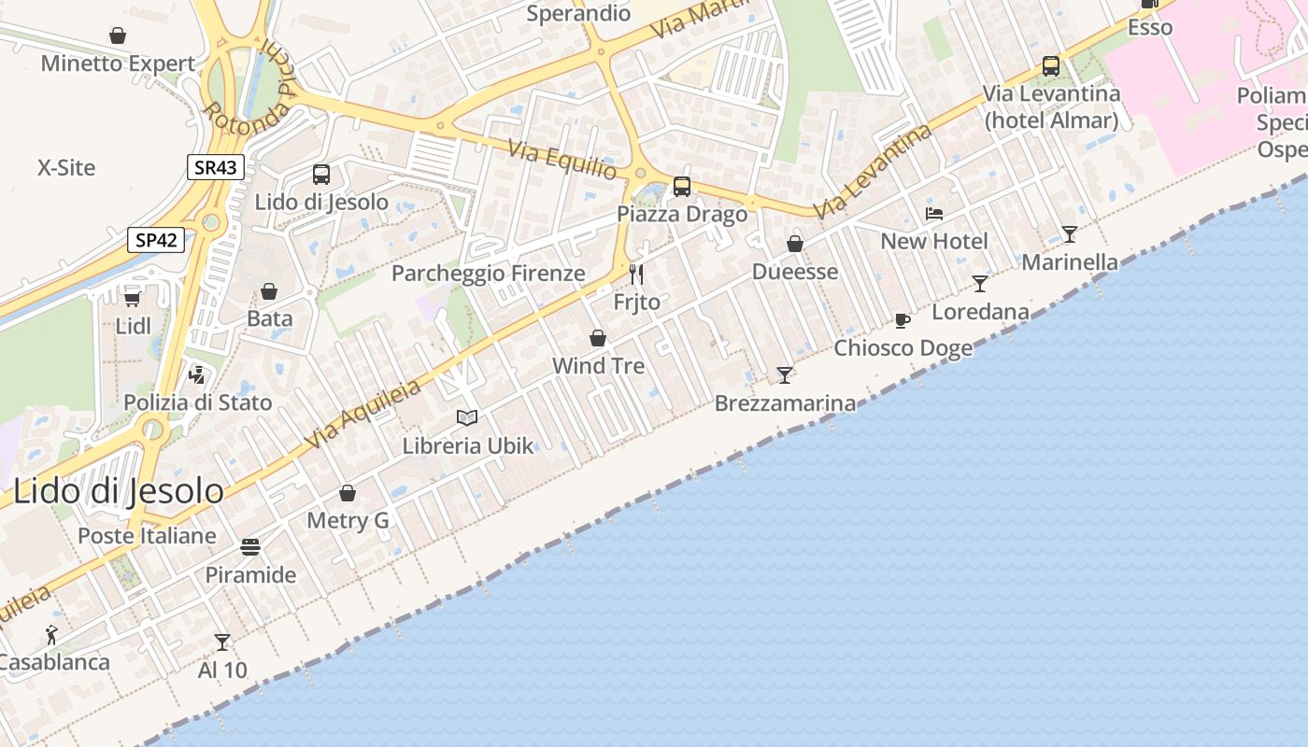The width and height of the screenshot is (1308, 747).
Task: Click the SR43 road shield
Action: [216, 167]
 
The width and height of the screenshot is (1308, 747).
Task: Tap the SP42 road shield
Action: [156, 240]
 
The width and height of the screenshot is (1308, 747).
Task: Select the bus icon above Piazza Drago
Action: [682, 186]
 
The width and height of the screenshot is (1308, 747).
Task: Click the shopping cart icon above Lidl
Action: [133, 298]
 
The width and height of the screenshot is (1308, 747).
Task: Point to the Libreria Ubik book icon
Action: [467, 417]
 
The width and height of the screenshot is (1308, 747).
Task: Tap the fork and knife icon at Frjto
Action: [636, 274]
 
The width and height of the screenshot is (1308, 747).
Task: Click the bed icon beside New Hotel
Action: [933, 214]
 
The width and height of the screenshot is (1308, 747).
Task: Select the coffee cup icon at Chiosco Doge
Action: [903, 320]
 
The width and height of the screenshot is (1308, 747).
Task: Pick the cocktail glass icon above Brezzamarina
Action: [785, 374]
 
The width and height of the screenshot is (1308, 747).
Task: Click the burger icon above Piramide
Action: [250, 546]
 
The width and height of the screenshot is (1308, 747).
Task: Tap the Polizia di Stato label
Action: [198, 402]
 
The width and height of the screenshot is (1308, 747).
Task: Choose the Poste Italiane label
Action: [147, 536]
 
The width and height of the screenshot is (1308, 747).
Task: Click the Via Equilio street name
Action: [562, 160]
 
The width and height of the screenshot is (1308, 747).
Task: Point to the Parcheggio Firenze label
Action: [488, 274]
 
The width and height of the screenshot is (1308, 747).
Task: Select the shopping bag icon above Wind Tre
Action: [598, 338]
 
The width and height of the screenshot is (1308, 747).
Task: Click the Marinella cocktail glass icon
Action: [1070, 233]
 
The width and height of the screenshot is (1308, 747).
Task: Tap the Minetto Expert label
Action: [118, 63]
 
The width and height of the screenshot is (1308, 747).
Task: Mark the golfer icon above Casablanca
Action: [51, 635]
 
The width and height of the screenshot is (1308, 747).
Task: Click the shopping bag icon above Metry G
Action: [348, 493]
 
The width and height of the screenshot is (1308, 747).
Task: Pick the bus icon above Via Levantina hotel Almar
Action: [1051, 66]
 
